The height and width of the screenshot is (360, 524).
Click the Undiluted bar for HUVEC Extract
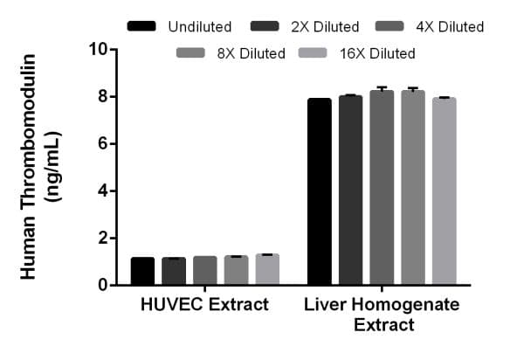[143, 271]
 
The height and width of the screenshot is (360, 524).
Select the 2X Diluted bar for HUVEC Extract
[174, 271]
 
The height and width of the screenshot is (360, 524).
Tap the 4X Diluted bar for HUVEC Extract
[205, 271]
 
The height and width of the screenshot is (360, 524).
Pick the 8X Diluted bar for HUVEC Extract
[237, 271]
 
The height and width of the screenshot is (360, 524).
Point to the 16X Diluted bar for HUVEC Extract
[267, 270]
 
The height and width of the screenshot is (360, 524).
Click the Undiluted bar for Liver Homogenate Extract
[319, 192]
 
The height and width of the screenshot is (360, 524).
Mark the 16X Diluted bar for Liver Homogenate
[444, 191]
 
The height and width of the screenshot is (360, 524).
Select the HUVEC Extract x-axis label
[204, 305]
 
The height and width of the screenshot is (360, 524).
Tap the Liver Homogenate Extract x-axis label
[383, 315]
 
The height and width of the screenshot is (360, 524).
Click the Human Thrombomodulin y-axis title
[38, 166]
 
